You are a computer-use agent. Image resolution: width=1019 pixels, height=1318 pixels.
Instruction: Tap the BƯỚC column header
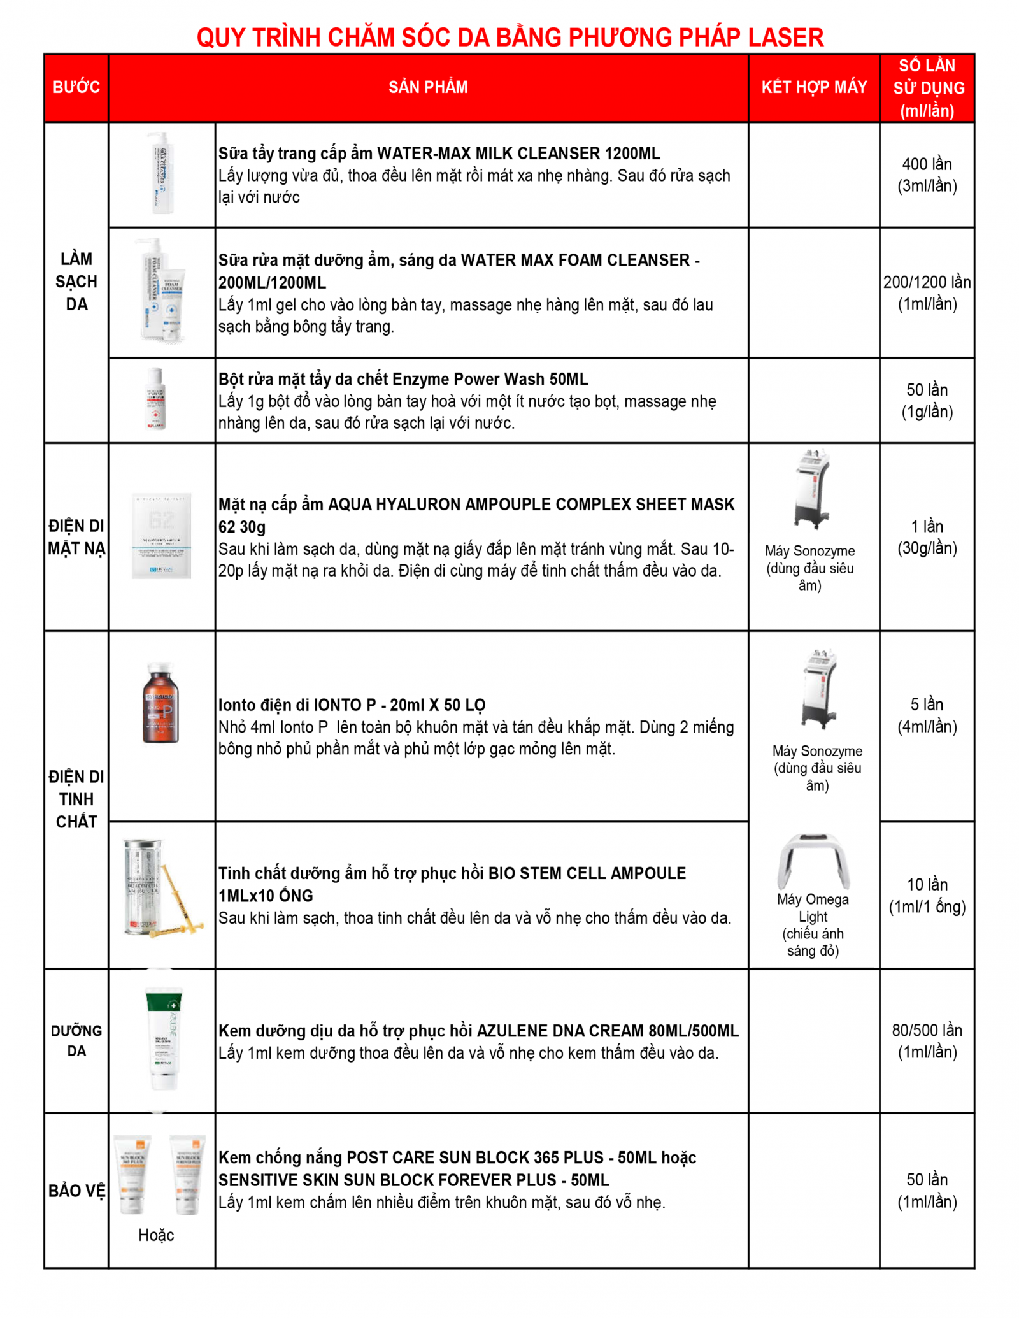pos(76,87)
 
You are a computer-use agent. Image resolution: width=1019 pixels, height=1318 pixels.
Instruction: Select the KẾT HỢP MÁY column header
pos(814,87)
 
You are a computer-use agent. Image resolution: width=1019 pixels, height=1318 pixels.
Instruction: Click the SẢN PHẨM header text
pos(428,87)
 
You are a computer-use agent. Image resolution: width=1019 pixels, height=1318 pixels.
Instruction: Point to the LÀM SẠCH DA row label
pos(76,282)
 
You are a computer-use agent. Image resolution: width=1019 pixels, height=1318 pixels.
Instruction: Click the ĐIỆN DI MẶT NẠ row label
pos(76,537)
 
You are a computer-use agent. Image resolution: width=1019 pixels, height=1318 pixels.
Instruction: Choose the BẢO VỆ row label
pos(76,1191)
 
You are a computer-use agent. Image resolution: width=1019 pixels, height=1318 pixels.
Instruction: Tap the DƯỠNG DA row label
pos(76,1040)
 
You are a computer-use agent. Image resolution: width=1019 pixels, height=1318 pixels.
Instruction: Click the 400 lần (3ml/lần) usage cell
pos(927,175)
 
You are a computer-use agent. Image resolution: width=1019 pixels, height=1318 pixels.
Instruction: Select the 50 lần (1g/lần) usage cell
pos(927,401)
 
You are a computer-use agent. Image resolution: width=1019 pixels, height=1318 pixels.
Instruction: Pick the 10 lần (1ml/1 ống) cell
pos(927,895)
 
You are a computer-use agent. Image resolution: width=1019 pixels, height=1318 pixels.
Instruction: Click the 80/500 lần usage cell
pos(927,1040)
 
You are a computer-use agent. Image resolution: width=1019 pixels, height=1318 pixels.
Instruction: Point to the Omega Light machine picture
pos(813,860)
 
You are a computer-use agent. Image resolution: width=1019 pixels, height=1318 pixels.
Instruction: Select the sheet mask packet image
pos(161,536)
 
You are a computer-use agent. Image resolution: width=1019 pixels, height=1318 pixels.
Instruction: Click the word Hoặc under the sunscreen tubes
pos(156,1235)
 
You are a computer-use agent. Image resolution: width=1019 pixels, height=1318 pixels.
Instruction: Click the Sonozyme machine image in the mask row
pos(812,489)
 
